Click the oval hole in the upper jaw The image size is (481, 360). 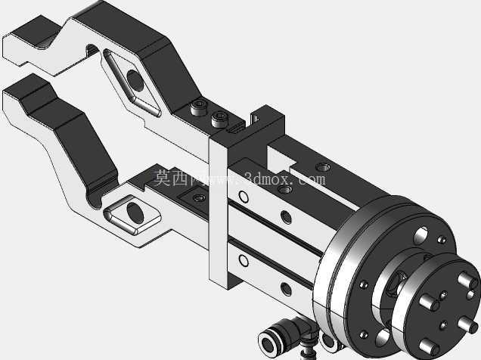(135, 80)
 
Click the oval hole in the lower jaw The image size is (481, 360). (135, 213)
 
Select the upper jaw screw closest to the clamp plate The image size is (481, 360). (219, 119)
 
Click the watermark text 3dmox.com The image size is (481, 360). (284, 178)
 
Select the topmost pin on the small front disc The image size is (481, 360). (467, 280)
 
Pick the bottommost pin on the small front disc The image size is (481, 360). (429, 347)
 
